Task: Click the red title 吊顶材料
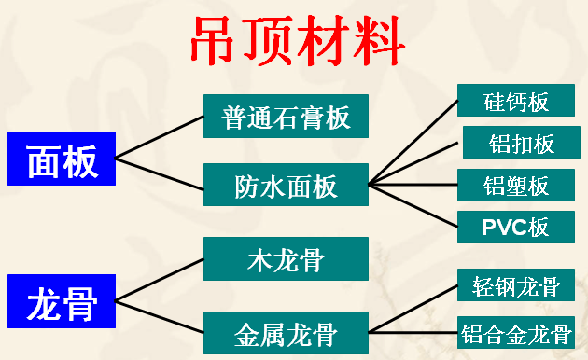click(298, 39)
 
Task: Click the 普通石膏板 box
click(286, 116)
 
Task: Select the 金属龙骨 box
click(286, 331)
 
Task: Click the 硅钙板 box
click(516, 101)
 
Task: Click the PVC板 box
click(516, 228)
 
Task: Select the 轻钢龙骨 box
click(516, 285)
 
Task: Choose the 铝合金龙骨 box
click(516, 332)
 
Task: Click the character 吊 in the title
click(217, 39)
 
